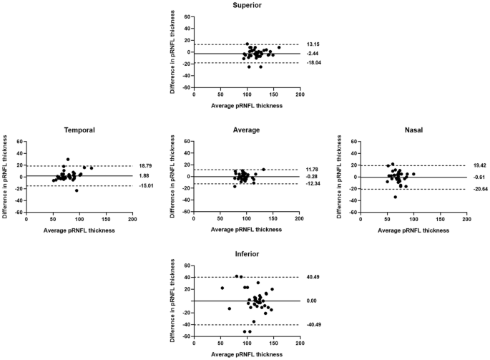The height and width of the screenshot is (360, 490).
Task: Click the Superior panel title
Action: pyautogui.click(x=246, y=6)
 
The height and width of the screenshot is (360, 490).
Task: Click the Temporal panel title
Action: pyautogui.click(x=79, y=130)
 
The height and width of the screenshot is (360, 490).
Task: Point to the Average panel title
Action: pyautogui.click(x=246, y=130)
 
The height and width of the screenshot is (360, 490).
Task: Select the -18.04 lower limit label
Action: pyautogui.click(x=315, y=64)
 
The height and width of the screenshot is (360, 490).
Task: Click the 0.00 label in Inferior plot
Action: pyautogui.click(x=311, y=301)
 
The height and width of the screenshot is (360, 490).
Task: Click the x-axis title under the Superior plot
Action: pyautogui.click(x=246, y=106)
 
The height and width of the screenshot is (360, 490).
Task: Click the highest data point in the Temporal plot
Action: pyautogui.click(x=67, y=160)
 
